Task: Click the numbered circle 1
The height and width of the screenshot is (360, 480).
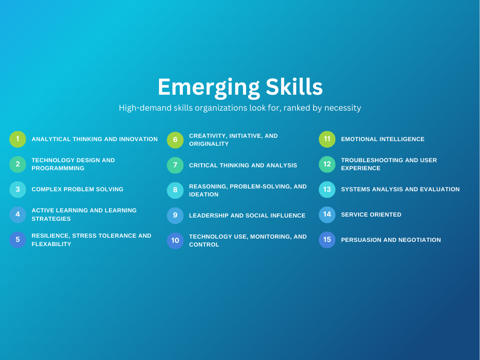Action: (18, 139)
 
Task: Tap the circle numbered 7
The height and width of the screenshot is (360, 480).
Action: (175, 165)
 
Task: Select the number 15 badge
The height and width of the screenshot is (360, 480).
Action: (327, 240)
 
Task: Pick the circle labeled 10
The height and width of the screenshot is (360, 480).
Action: (175, 240)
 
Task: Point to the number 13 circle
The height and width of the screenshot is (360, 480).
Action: (327, 189)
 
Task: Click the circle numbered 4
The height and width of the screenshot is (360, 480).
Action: (18, 215)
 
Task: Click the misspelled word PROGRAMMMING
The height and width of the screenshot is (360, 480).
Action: (58, 168)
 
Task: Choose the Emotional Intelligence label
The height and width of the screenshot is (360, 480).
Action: (382, 139)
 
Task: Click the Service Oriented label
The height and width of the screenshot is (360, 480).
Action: (371, 215)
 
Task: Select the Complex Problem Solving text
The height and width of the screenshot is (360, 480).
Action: (77, 189)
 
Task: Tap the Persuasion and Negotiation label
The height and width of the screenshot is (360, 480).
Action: (391, 240)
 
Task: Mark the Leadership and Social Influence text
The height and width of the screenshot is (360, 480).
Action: (247, 216)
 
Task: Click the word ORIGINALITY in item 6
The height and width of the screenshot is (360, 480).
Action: (209, 144)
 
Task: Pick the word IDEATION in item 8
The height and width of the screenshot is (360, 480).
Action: (204, 195)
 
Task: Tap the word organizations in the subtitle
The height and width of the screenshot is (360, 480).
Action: (202, 108)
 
